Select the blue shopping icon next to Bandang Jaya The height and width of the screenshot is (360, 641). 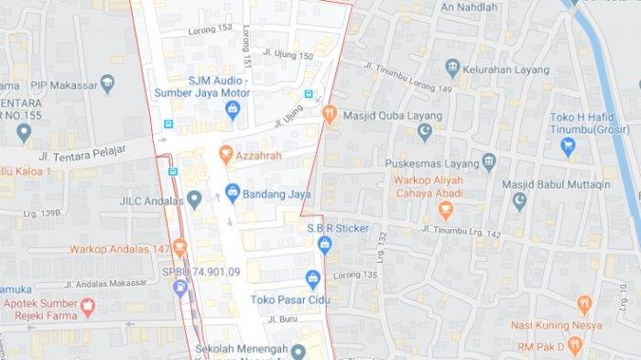(x=232, y=193)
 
